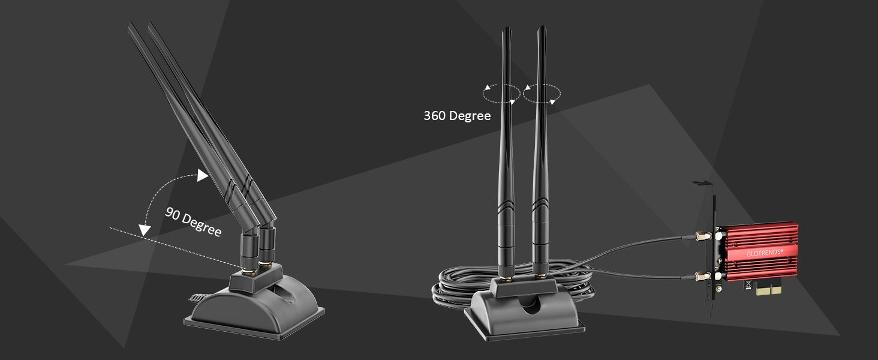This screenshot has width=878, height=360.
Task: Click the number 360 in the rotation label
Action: (435, 116)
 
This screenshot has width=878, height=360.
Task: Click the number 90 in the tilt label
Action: (173, 214)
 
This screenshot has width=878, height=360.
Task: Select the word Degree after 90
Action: (202, 226)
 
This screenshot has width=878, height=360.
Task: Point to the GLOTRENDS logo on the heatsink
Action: (764, 253)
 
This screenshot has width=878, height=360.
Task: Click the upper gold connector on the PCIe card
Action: (699, 236)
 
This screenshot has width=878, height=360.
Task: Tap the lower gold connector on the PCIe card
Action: (699, 277)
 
